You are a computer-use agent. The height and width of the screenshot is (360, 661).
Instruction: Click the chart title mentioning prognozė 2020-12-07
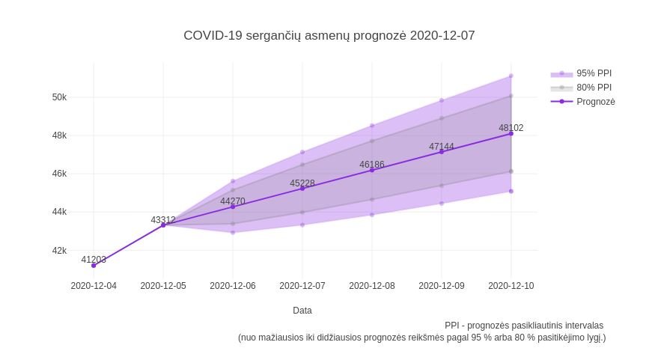tap(329, 35)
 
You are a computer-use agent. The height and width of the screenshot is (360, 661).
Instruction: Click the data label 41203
tap(94, 260)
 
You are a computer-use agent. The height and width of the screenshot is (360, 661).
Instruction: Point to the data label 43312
tap(163, 220)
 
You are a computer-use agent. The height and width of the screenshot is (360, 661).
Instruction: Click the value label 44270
tap(233, 201)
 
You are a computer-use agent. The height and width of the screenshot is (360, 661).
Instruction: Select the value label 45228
tap(302, 183)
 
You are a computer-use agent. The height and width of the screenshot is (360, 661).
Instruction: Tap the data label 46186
tap(372, 165)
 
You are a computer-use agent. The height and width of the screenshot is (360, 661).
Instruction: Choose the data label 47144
tap(442, 147)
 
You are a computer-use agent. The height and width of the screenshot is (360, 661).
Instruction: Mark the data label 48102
tap(511, 128)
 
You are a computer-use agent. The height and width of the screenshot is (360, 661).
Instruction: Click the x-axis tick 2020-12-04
tap(94, 286)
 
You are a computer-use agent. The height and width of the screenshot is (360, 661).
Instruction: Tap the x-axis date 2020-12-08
tap(372, 286)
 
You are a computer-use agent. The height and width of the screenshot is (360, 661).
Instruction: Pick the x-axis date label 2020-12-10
tap(511, 286)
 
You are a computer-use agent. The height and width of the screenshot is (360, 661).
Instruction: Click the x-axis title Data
tap(302, 311)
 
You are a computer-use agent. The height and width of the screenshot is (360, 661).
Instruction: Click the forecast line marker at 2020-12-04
tap(94, 266)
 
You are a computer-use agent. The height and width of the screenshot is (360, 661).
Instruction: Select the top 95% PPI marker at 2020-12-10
tap(511, 76)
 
